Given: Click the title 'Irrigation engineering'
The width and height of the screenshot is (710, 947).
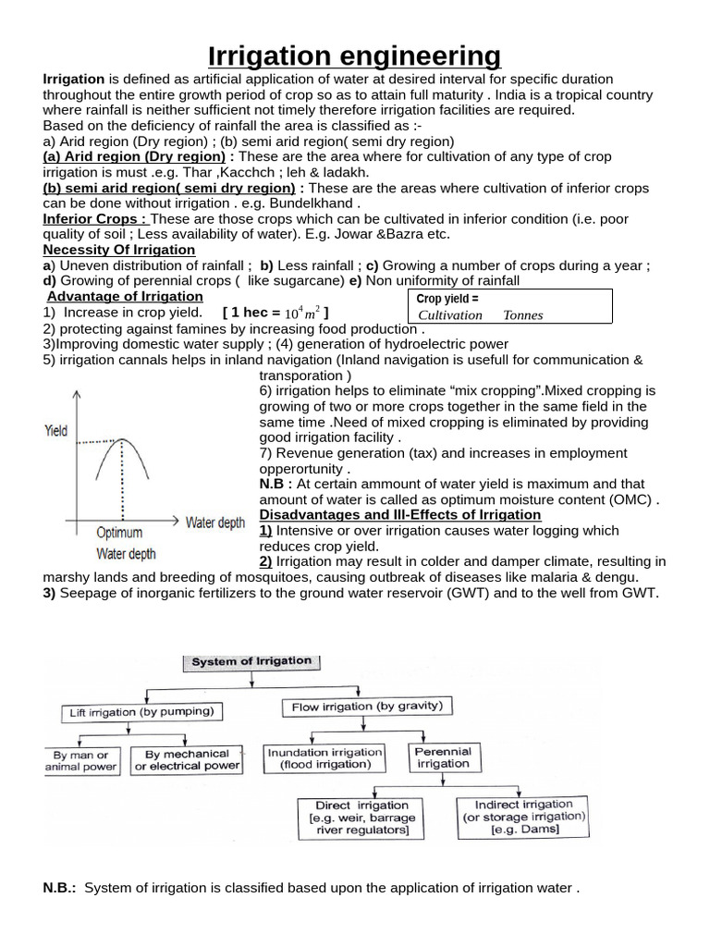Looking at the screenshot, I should click(355, 56).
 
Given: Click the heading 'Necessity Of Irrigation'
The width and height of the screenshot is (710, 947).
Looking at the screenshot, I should click(119, 250).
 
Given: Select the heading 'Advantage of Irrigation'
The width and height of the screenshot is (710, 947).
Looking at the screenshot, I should click(125, 296).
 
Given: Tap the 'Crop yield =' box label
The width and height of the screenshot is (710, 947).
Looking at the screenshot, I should click(447, 299).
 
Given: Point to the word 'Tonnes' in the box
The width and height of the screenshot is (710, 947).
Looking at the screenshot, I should click(522, 315).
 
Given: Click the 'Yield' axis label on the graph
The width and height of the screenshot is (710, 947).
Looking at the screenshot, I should click(55, 432).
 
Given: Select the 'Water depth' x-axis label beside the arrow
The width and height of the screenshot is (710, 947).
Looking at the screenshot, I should click(215, 523).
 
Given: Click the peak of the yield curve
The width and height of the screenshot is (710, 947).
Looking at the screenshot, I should click(122, 442).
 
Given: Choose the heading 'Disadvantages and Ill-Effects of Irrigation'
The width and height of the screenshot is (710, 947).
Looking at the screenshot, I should click(400, 514).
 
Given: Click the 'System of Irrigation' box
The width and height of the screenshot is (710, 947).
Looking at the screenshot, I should click(251, 662).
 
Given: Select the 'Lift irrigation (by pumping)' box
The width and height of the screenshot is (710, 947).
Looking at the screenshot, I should click(141, 712).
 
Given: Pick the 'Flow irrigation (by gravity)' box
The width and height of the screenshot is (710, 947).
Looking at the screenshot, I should click(366, 707).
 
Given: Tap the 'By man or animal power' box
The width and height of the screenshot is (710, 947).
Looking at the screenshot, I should click(81, 761).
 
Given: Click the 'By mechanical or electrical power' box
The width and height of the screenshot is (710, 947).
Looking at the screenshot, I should click(187, 760).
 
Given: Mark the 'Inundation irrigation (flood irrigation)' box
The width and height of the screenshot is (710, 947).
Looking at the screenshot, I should click(324, 758).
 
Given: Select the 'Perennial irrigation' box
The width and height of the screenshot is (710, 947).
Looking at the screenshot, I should click(443, 757).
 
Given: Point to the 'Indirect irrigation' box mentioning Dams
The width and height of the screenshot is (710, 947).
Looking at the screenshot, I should click(523, 817).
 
